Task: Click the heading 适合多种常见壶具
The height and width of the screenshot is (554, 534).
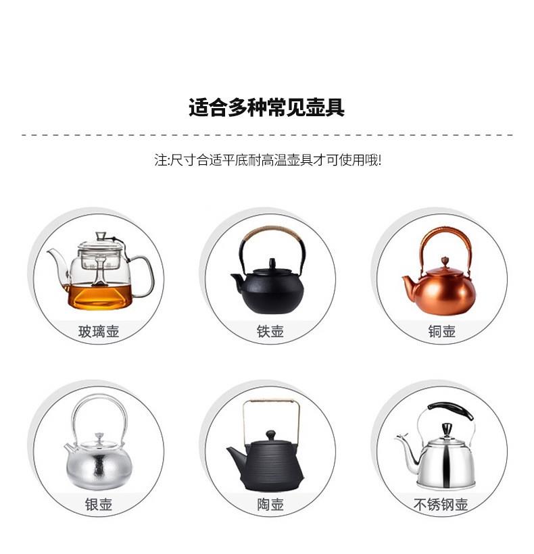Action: click(x=266, y=107)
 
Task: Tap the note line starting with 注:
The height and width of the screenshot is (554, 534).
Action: click(x=268, y=160)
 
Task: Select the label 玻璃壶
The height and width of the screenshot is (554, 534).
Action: click(x=99, y=332)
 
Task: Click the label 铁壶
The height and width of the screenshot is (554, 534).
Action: click(x=270, y=332)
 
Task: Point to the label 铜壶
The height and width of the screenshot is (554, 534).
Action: click(x=442, y=332)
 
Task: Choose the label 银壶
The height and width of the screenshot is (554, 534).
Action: click(x=99, y=504)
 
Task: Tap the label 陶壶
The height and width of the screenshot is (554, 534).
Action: click(x=270, y=504)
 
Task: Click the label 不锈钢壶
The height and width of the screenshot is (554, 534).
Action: click(x=441, y=504)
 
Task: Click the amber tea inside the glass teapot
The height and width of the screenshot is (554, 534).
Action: click(x=99, y=296)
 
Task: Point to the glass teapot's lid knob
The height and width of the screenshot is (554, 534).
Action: click(x=101, y=236)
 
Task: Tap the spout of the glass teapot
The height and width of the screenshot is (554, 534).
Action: click(x=58, y=263)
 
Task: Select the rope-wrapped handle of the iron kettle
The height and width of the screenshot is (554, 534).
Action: click(x=272, y=235)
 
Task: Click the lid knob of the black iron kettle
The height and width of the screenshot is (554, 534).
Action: click(x=272, y=263)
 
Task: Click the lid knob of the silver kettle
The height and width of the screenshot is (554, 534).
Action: click(x=99, y=437)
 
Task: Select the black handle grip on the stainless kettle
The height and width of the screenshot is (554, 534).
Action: click(x=451, y=411)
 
